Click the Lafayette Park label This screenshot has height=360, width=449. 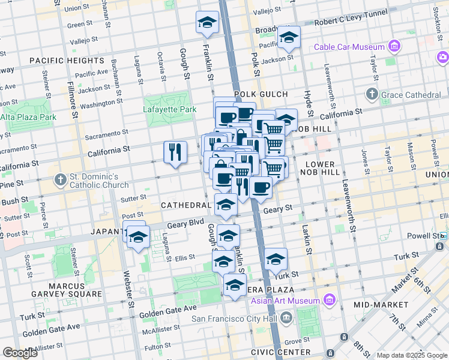click(170, 110)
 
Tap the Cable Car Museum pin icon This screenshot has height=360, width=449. click(394, 46)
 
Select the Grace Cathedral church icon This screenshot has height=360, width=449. click(372, 94)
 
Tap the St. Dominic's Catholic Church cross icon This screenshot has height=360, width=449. click(59, 179)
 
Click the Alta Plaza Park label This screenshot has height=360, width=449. click(28, 117)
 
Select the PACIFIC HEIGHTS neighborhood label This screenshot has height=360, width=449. click(66, 61)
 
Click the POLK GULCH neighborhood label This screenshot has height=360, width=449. click(261, 94)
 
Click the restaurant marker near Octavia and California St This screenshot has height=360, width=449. click(174, 151)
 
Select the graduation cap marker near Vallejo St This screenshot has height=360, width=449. click(207, 22)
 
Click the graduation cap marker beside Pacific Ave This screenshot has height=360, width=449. click(289, 40)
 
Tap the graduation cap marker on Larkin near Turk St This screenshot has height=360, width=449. click(276, 259)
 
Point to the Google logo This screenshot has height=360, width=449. click(20, 353)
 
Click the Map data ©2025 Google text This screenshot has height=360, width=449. click(411, 355)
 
